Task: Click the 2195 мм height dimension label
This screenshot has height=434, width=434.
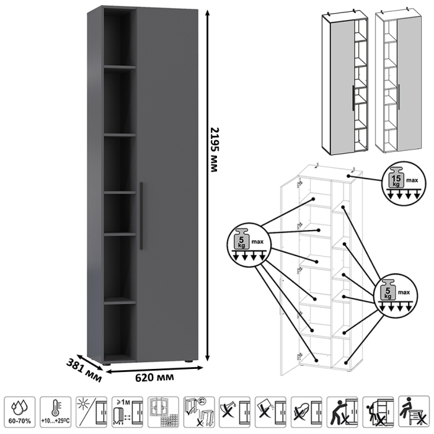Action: pos(214,149)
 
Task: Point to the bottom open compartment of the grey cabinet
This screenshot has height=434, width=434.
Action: pos(119,332)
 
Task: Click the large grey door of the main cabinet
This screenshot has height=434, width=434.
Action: pos(167,186)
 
